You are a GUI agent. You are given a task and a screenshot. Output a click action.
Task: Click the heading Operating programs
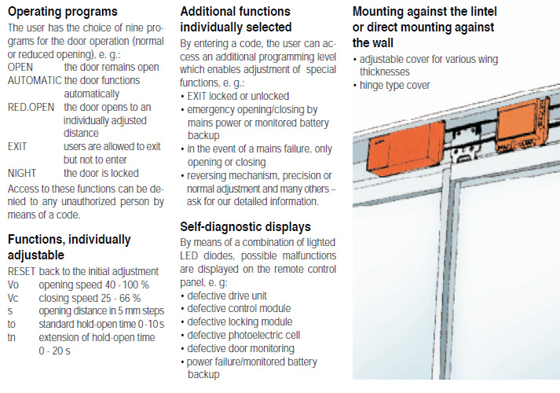[x=63, y=12]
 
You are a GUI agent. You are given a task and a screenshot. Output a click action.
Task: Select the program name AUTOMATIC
[x=35, y=80]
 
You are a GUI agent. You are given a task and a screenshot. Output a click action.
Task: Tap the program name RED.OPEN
[x=31, y=107]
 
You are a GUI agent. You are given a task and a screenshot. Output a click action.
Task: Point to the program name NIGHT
[x=22, y=173]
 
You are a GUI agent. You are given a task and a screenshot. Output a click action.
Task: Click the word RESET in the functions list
[x=21, y=271]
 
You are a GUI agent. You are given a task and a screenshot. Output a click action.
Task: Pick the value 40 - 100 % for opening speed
[x=126, y=285]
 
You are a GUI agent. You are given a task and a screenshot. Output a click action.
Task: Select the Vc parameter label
[x=13, y=299]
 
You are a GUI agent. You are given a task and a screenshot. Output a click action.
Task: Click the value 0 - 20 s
[x=54, y=351]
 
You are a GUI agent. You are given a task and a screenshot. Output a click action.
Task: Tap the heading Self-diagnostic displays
[x=245, y=227]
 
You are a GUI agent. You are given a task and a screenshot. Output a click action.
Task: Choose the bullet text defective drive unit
[x=227, y=296]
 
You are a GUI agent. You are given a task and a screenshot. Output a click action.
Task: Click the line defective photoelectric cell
[x=243, y=335]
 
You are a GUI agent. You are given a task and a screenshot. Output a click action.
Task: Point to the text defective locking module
[x=240, y=322]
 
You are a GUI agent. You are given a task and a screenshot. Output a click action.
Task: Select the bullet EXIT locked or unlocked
[x=238, y=96]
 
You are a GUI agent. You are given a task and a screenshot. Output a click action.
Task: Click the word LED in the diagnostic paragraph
[x=189, y=255]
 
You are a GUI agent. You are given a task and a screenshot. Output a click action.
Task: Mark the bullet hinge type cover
[x=394, y=86]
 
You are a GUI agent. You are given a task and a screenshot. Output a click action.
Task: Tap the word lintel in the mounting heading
[x=480, y=12]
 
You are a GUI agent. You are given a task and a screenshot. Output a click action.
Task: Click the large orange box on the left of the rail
[x=406, y=149]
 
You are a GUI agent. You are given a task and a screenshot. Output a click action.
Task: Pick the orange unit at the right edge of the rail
[x=522, y=124]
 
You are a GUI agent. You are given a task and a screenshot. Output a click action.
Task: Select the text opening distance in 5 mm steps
[x=101, y=311]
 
